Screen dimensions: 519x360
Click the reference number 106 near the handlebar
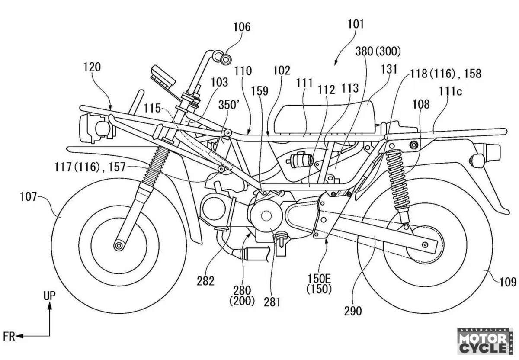(242, 27)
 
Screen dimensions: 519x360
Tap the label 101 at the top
(356, 24)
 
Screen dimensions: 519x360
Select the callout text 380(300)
(378, 51)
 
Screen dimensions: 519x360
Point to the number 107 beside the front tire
(29, 197)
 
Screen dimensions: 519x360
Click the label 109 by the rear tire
(508, 283)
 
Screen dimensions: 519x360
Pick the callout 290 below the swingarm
(352, 311)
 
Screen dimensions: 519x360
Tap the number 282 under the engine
(205, 281)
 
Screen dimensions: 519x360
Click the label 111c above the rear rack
(450, 92)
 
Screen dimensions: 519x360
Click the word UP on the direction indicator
(49, 296)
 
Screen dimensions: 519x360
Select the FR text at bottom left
(9, 336)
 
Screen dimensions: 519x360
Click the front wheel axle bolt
(119, 245)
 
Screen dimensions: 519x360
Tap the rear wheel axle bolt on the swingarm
(425, 244)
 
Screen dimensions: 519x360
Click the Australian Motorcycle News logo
(485, 341)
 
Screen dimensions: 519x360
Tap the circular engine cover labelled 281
(266, 216)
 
